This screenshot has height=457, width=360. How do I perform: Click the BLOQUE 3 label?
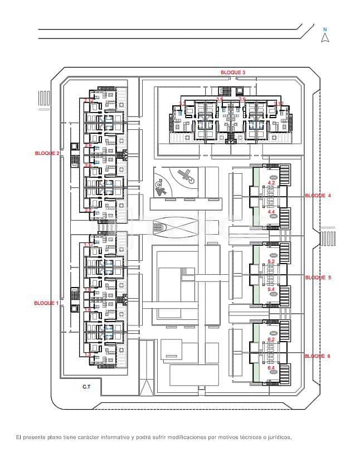[x=232, y=72]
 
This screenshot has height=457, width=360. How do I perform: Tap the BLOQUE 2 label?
[x=47, y=153]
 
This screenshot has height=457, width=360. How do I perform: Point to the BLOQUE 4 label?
[x=318, y=196]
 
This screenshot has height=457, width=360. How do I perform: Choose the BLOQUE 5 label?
[x=318, y=277]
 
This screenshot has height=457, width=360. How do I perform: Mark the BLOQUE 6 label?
[x=318, y=356]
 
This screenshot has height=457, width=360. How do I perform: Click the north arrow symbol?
[x=325, y=38]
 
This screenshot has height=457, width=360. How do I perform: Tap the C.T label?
[x=87, y=386]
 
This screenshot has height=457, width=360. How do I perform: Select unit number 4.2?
[x=272, y=182]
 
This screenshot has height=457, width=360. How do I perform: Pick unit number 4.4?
[x=272, y=212]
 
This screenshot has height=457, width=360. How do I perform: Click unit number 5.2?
[x=272, y=261]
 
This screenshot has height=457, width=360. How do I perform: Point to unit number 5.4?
[x=272, y=290]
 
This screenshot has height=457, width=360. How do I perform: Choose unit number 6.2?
[x=272, y=339]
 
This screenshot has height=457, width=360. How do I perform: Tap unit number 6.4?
[x=272, y=368]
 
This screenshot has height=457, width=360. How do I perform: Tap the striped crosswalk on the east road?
[x=325, y=239]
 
